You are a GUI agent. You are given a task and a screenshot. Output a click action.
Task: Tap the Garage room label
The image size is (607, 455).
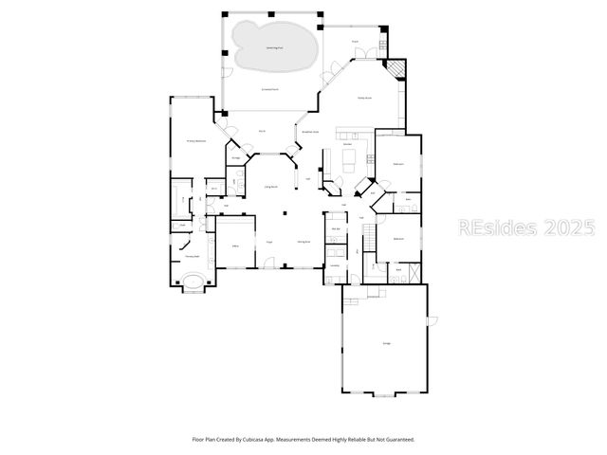coord(386,343)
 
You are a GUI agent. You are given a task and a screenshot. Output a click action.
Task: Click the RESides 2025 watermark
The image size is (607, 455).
coord(527,227)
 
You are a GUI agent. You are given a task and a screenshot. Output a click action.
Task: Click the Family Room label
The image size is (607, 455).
coord(364,98)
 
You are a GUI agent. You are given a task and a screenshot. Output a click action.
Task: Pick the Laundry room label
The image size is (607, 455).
coord(336,266)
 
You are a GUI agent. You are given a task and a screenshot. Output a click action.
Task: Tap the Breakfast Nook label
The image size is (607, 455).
coord(309,132)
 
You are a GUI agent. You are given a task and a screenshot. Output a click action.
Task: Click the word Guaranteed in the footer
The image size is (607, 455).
coord(399,439)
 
